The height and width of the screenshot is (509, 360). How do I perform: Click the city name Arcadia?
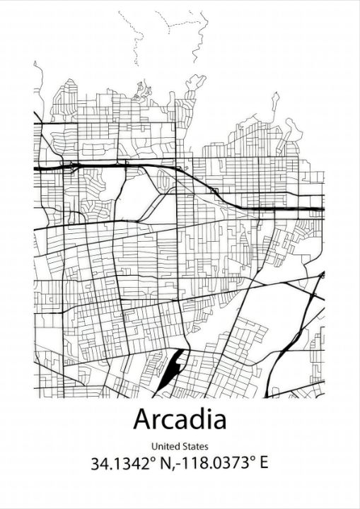pos(180,419)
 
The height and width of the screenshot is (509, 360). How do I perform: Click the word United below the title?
pos(165,446)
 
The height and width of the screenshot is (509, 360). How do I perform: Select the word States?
pos(195,446)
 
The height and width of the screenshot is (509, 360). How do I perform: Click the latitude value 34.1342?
pos(117,464)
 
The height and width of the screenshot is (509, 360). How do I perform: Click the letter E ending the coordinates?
pos(264,464)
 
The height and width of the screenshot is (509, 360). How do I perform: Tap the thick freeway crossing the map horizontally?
pos(106,165)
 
